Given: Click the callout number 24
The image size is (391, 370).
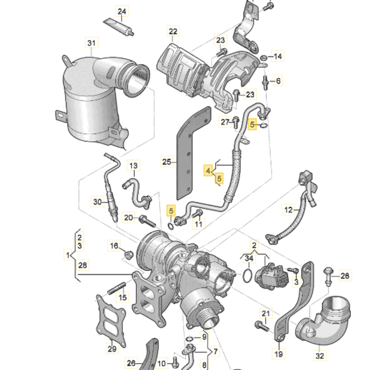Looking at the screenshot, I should (122, 11).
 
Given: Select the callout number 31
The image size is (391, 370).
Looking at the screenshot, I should (91, 43).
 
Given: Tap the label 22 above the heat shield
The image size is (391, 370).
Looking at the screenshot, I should (173, 32).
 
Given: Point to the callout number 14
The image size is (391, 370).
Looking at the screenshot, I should (278, 56).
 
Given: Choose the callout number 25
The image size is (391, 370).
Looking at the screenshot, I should (167, 161).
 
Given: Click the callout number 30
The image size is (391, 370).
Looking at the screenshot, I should (97, 202).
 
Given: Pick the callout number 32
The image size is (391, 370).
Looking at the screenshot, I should (320, 356).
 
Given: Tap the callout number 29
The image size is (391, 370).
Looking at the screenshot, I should (112, 348).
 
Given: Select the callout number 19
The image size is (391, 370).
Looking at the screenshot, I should (279, 354).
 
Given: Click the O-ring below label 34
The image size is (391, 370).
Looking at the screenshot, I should (248, 276).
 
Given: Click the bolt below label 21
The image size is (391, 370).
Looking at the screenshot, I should (261, 327).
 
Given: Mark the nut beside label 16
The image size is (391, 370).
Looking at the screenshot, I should (129, 254).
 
